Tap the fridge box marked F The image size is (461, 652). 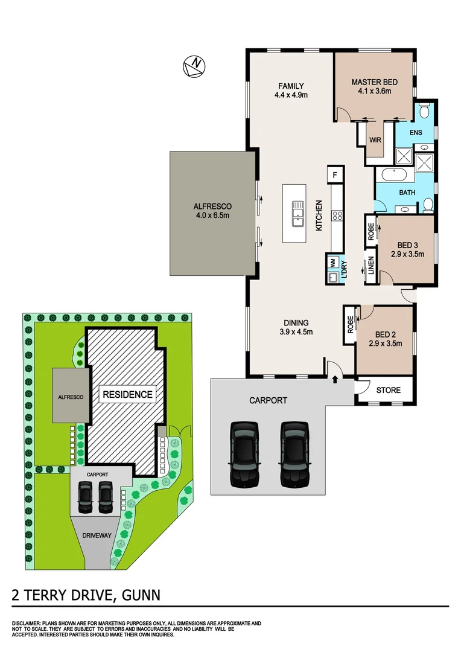pos(334,175)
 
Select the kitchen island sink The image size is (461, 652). pos(298,214)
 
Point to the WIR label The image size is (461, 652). pos(376,139)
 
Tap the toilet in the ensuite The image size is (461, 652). pos(424,111)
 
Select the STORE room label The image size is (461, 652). pos(389,390)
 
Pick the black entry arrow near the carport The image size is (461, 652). pos(335,379)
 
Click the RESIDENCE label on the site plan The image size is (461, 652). pos(127,395)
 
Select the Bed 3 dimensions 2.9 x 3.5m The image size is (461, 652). pos(407,254)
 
